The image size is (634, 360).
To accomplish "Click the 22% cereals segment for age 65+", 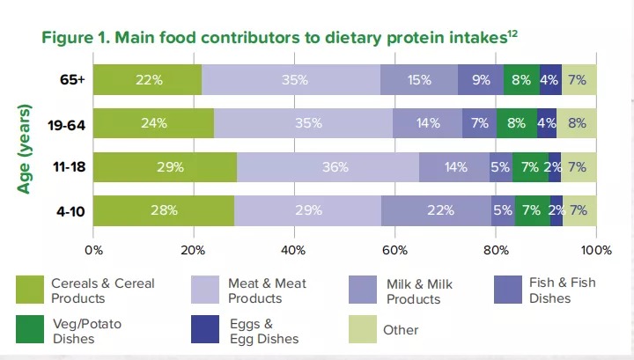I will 148,79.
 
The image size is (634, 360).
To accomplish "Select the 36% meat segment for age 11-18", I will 328,166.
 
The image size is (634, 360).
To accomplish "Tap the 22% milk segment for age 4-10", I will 436,210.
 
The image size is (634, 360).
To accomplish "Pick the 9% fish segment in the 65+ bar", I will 481,79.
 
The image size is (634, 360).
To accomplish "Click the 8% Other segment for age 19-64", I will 577,123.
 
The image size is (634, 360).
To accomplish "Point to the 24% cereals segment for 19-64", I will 154,123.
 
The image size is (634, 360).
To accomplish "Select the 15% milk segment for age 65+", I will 419,79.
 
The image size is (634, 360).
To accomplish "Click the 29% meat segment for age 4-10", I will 307,210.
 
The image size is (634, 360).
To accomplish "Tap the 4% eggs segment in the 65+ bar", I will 550,79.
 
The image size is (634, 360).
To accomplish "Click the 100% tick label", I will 596,249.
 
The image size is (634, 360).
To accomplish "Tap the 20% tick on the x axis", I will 194,249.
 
